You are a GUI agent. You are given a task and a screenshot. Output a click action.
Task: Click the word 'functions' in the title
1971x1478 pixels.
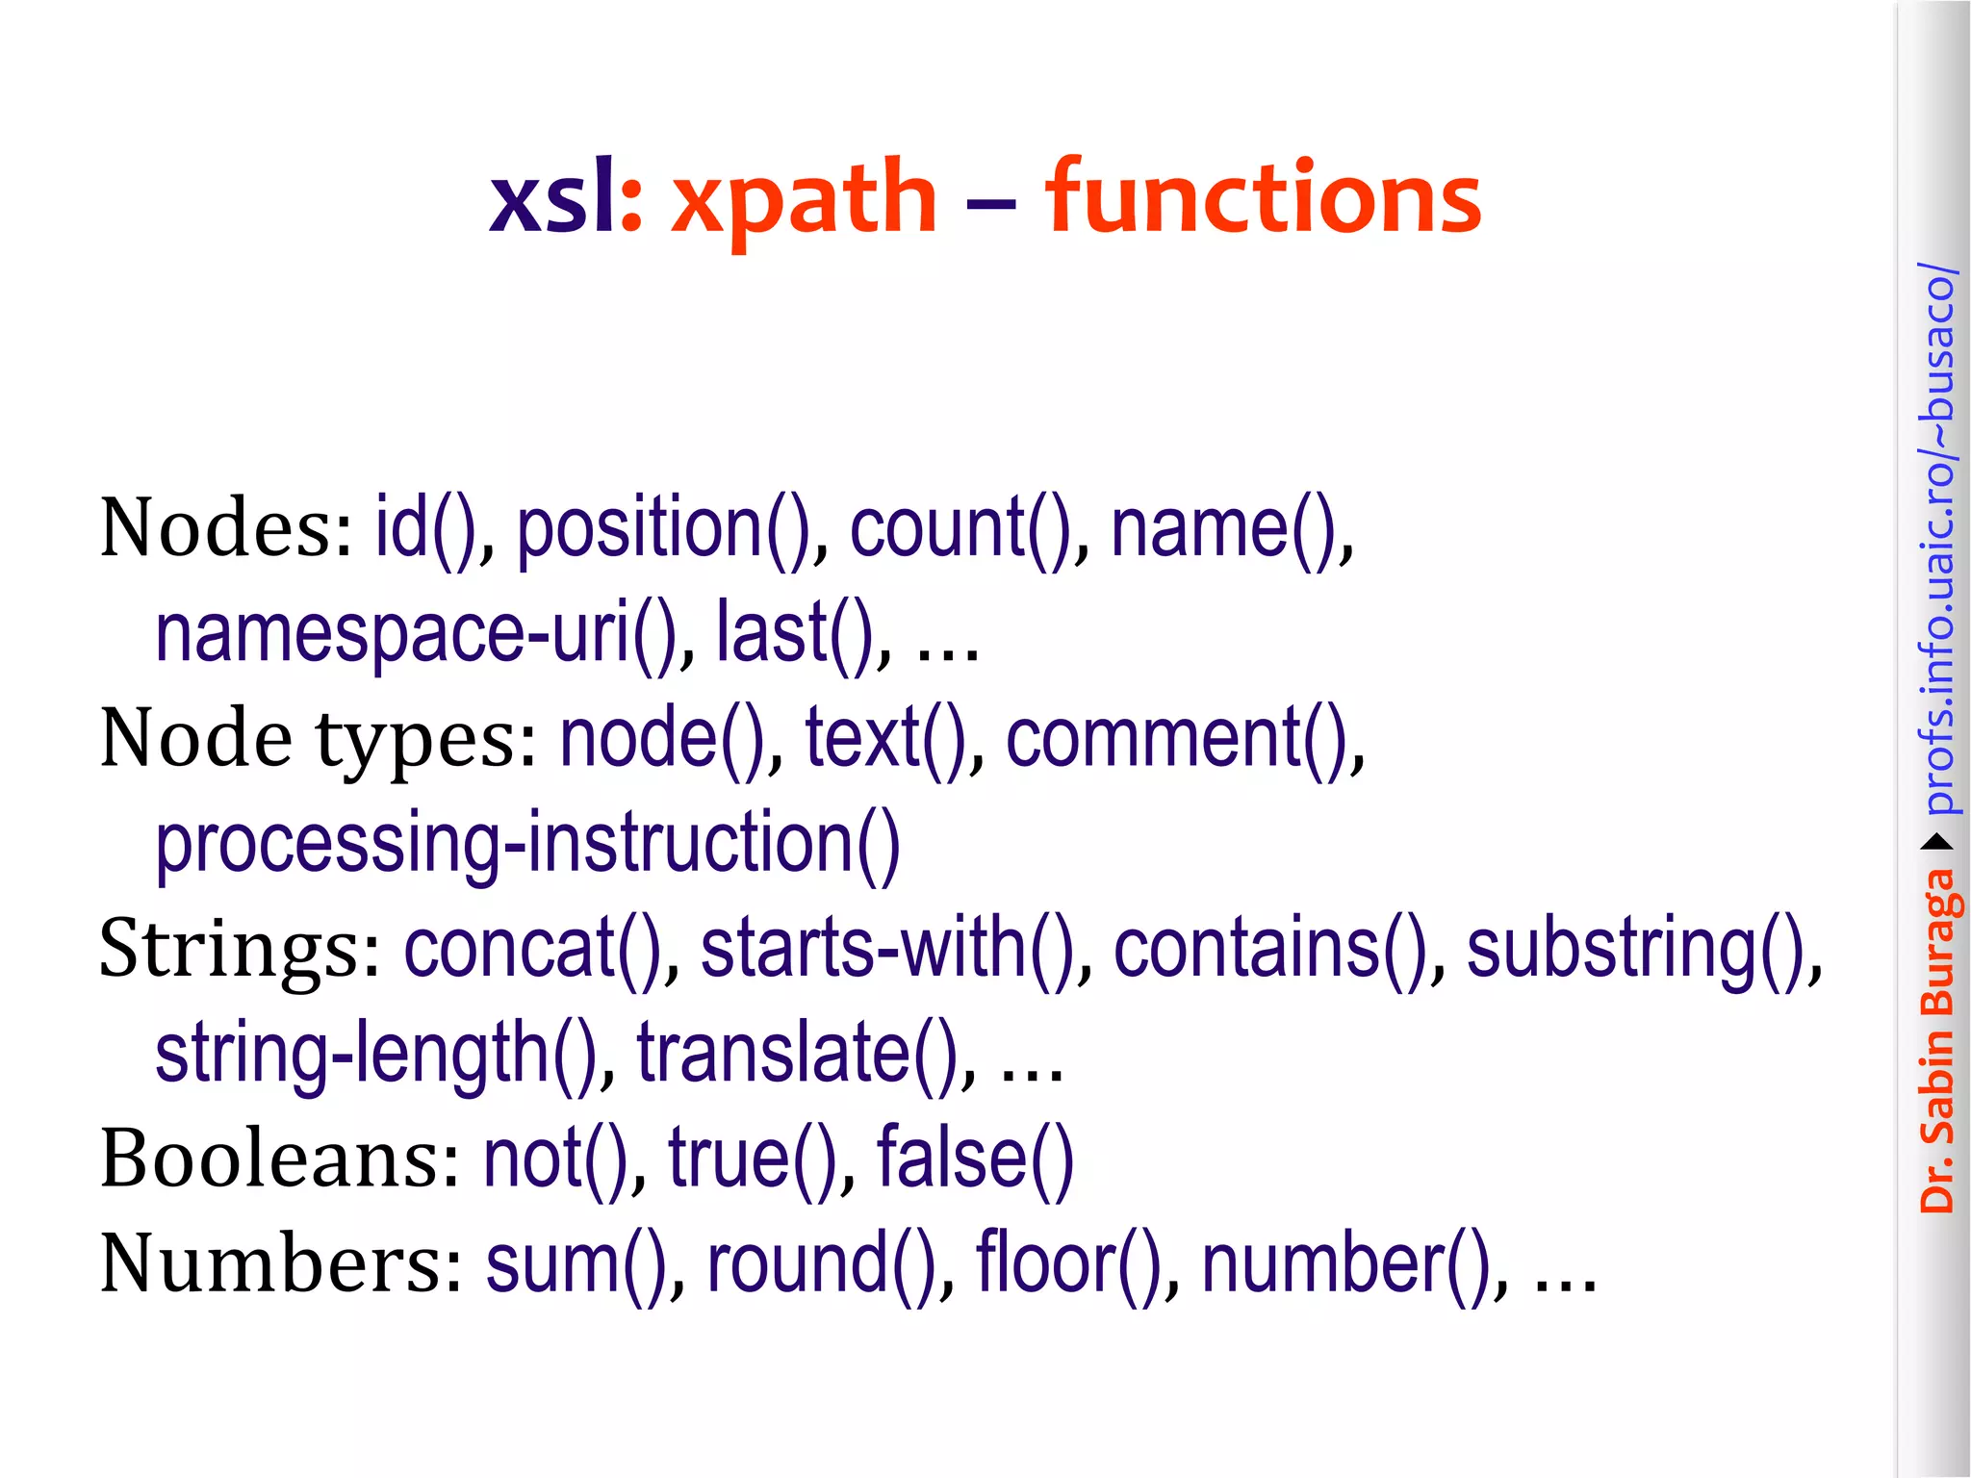tap(1263, 197)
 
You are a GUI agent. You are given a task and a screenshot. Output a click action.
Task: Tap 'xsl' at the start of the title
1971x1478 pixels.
tap(552, 197)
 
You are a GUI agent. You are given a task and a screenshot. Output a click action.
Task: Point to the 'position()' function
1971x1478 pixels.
tap(664, 529)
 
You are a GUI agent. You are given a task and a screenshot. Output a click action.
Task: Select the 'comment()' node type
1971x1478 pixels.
tap(1176, 739)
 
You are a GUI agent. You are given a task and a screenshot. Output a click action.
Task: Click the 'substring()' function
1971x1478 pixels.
tap(1636, 949)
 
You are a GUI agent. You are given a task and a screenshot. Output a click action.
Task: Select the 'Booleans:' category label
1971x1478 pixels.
tap(280, 1158)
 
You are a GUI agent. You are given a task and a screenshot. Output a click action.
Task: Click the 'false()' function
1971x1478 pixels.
tap(974, 1158)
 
